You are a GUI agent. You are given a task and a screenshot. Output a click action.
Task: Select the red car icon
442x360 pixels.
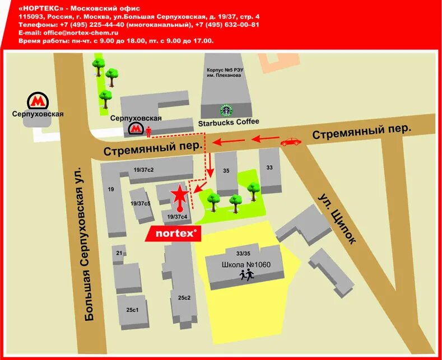[290, 141]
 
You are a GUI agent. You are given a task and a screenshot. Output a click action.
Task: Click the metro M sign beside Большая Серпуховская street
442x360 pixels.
[38, 101]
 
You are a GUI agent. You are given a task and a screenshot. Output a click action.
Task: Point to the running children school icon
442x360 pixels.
[246, 274]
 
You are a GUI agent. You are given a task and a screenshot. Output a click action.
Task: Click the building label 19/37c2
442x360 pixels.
[143, 170]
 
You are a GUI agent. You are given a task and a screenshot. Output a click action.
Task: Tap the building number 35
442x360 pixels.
[226, 171]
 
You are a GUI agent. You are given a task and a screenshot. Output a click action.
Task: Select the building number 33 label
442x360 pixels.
[269, 167]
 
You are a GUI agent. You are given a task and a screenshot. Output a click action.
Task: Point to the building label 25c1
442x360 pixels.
[132, 310]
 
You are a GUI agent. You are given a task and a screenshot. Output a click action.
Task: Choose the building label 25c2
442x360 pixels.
[185, 297]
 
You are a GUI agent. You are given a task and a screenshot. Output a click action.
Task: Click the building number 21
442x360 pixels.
[119, 253]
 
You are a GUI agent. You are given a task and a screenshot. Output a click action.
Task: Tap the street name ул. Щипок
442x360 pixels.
[337, 219]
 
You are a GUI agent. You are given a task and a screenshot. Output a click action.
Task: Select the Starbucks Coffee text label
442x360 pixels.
[229, 121]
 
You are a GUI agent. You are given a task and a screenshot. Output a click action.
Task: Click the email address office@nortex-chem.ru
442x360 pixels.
[73, 33]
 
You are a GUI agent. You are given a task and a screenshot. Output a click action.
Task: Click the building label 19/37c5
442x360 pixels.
[140, 204]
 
